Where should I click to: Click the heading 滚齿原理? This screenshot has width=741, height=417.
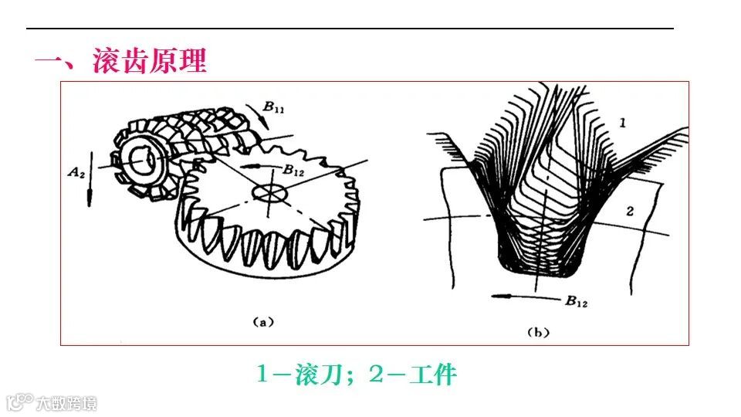click(150, 61)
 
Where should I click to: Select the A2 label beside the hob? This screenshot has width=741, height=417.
click(76, 170)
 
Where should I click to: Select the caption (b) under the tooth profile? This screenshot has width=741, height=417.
click(537, 332)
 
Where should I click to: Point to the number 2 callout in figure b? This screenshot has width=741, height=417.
click(629, 210)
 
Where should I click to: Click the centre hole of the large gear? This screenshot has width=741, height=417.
click(269, 191)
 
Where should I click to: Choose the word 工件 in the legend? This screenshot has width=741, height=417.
click(433, 375)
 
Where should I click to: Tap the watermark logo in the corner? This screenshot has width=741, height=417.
click(19, 402)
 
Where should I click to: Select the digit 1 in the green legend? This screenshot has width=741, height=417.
click(262, 375)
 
